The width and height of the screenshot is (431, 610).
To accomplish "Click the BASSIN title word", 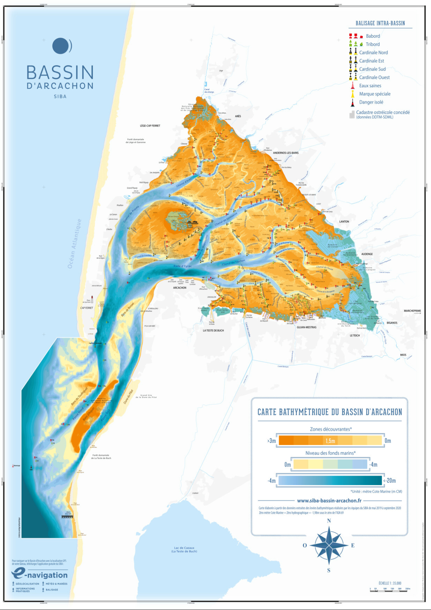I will (x=60, y=72).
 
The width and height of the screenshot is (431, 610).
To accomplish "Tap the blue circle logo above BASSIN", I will (x=62, y=46).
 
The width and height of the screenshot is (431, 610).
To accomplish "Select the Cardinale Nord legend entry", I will (x=373, y=52).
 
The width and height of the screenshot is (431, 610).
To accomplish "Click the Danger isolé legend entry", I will (x=371, y=102).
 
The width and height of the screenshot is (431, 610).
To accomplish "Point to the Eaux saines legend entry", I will (x=370, y=85).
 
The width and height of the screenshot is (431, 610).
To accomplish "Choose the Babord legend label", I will (x=373, y=36).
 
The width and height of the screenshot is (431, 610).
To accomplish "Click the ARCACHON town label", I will (x=179, y=288).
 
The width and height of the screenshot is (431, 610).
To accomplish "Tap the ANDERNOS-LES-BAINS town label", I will (x=286, y=153).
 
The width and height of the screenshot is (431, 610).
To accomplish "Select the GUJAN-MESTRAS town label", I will (x=306, y=327).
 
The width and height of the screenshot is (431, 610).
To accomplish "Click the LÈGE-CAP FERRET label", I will (x=150, y=126).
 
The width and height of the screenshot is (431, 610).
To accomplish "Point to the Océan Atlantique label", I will (x=74, y=243).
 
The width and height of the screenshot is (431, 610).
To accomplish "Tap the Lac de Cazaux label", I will (x=184, y=549).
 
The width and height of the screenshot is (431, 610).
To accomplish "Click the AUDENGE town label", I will (x=367, y=254).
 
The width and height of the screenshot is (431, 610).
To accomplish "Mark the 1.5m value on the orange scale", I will (x=330, y=441).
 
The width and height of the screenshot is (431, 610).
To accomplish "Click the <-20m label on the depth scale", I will (x=389, y=481).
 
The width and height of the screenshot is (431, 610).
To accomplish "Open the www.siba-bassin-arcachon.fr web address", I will (x=329, y=501).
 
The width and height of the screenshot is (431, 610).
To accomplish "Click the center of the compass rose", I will (x=329, y=545).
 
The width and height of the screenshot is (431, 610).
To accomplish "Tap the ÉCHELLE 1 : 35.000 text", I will (x=390, y=583).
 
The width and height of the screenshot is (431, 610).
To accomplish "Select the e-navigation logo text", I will (x=39, y=575).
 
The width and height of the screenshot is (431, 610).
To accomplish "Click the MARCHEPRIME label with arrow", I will (x=412, y=311).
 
